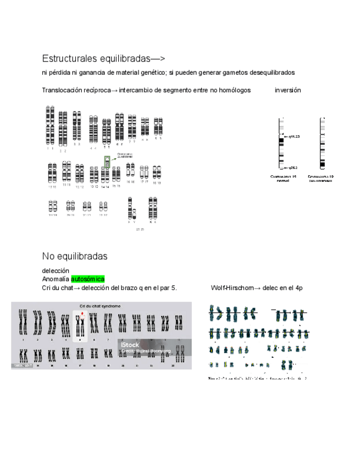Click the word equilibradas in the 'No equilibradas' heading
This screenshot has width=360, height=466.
point(82,257)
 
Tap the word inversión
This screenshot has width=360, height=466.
point(287,90)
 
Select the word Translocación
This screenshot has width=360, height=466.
point(62,90)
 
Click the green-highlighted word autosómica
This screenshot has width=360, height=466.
point(87,279)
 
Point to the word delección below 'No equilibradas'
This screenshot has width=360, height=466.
point(56,271)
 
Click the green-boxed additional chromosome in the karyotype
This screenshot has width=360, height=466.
point(108,162)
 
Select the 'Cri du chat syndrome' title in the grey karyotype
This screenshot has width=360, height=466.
point(101,306)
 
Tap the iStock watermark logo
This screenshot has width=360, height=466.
point(130,344)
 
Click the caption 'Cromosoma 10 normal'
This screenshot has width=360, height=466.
point(283,178)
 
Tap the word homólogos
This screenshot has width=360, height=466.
point(235,90)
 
